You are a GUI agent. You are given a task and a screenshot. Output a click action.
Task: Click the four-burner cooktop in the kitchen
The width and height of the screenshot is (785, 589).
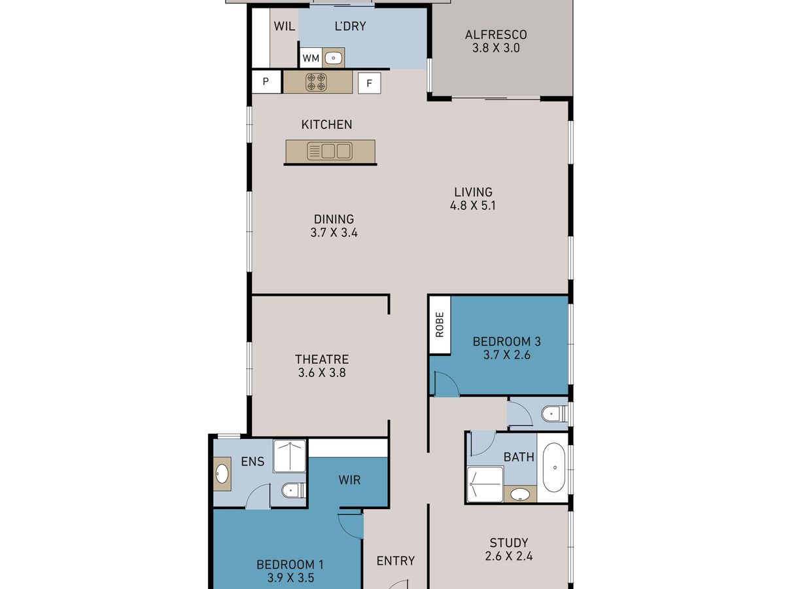[316, 82]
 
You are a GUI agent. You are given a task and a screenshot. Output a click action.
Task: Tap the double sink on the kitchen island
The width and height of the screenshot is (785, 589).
[330, 151]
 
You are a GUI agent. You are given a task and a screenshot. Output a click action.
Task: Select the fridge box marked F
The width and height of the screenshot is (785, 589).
[369, 83]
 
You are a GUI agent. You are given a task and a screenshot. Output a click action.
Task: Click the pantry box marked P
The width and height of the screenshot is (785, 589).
[266, 82]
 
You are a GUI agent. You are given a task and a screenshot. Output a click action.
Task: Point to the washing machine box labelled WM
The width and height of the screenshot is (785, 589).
[311, 58]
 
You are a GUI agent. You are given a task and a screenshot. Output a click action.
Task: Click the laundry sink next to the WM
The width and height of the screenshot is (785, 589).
[334, 58]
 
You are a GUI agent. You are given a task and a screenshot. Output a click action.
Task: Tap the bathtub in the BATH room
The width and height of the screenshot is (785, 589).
[554, 467]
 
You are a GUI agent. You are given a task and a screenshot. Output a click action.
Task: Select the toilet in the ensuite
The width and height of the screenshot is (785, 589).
[293, 490]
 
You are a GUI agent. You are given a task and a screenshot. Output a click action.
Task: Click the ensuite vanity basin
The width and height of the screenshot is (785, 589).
[222, 474]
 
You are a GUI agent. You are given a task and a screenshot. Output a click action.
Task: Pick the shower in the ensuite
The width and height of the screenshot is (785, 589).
[289, 456]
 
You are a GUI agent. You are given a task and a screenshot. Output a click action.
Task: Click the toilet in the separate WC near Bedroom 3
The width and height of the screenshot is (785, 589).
[554, 414]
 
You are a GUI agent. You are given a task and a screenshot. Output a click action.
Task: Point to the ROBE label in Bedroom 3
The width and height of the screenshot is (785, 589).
[440, 325]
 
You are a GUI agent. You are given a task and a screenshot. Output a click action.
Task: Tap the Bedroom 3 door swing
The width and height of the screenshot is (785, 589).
[446, 384]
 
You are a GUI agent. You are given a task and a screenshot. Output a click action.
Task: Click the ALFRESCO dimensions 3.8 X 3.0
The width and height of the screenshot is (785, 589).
[496, 48]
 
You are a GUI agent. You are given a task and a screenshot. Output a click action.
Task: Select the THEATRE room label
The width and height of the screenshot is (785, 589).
[322, 359]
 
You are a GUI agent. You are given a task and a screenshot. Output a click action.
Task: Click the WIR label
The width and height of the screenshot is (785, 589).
[349, 480]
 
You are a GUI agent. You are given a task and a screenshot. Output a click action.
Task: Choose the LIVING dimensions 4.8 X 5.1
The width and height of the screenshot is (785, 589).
[473, 205]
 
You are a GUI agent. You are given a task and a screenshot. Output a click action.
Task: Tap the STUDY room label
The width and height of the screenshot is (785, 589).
[509, 543]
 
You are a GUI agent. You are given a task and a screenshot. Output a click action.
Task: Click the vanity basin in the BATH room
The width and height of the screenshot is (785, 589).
[520, 495]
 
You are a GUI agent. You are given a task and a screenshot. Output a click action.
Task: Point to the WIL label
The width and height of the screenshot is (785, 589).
[285, 26]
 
